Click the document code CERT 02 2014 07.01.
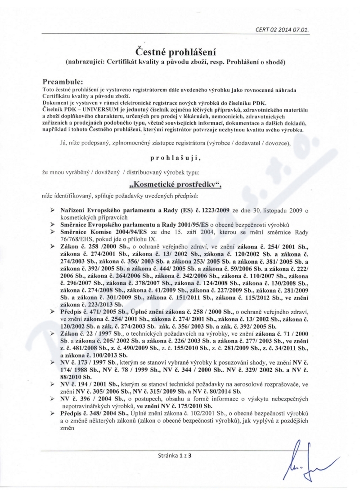[x=283, y=31]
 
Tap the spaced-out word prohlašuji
[x=180, y=158]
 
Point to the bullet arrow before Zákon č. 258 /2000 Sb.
[x=52, y=246]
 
